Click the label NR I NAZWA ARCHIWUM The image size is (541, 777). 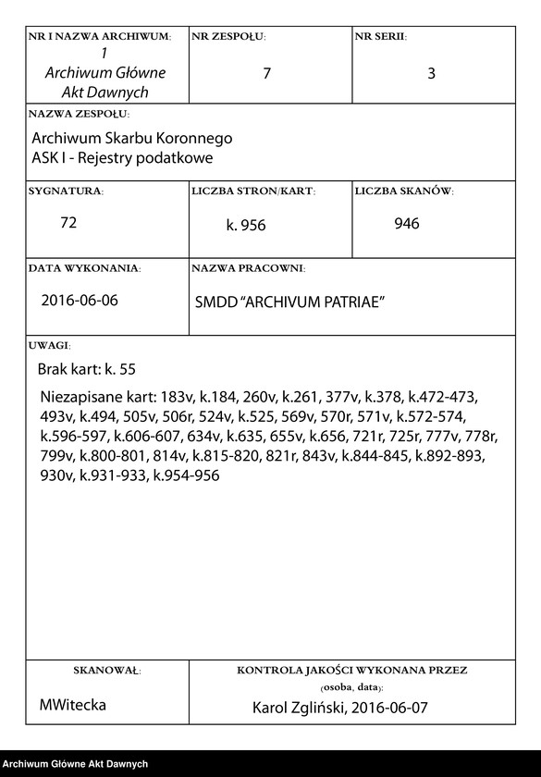(x=100, y=37)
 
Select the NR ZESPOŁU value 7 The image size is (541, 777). (x=266, y=74)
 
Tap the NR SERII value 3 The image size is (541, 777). (x=431, y=74)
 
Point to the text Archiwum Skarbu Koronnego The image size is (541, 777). (x=132, y=138)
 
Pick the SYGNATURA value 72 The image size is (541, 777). (x=68, y=223)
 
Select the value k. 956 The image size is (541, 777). (x=246, y=225)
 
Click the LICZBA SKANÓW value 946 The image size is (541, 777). (x=407, y=223)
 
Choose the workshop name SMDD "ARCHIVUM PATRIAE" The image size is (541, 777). (x=289, y=302)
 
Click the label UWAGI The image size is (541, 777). (x=49, y=345)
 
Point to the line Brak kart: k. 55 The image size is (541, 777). (x=87, y=369)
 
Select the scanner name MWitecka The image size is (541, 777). (x=73, y=705)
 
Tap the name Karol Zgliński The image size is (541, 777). (x=301, y=709)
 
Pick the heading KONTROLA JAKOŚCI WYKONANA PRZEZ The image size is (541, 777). (x=351, y=669)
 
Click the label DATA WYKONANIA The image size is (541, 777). (x=84, y=268)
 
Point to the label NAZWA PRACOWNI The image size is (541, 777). (x=248, y=268)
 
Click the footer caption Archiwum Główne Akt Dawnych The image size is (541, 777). (x=75, y=764)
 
